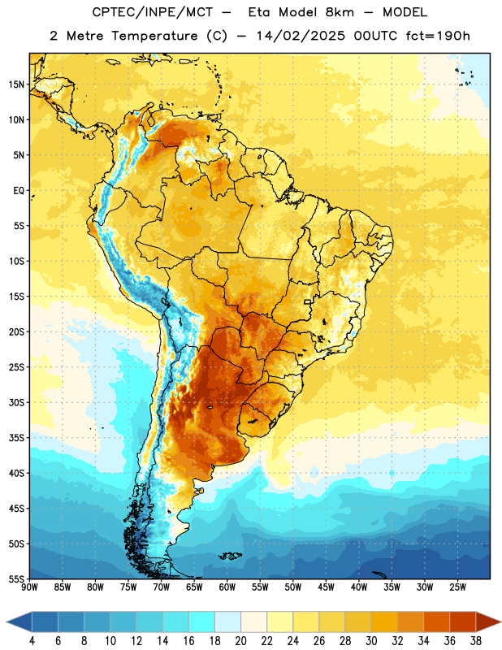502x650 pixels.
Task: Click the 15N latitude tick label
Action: (16, 84)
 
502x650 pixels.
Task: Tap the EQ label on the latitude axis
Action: (19, 191)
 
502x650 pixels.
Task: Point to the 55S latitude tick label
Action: (16, 578)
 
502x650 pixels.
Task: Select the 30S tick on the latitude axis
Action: (16, 402)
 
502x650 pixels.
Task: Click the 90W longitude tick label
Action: (29, 587)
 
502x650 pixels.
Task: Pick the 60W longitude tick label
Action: (227, 587)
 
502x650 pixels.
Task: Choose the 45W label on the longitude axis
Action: (327, 587)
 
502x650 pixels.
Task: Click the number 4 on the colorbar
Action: (32, 641)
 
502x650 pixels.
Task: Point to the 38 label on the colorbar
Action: (476, 641)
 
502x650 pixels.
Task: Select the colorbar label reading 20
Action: (240, 641)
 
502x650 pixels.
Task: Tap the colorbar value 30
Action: (371, 641)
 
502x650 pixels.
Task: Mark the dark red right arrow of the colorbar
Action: (487, 622)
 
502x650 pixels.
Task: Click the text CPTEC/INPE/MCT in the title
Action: (152, 12)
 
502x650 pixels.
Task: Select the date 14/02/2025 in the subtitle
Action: (301, 36)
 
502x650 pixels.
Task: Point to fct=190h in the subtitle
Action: (438, 36)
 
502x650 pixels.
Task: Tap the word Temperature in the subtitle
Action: (154, 36)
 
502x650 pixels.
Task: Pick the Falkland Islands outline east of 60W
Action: (230, 556)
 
